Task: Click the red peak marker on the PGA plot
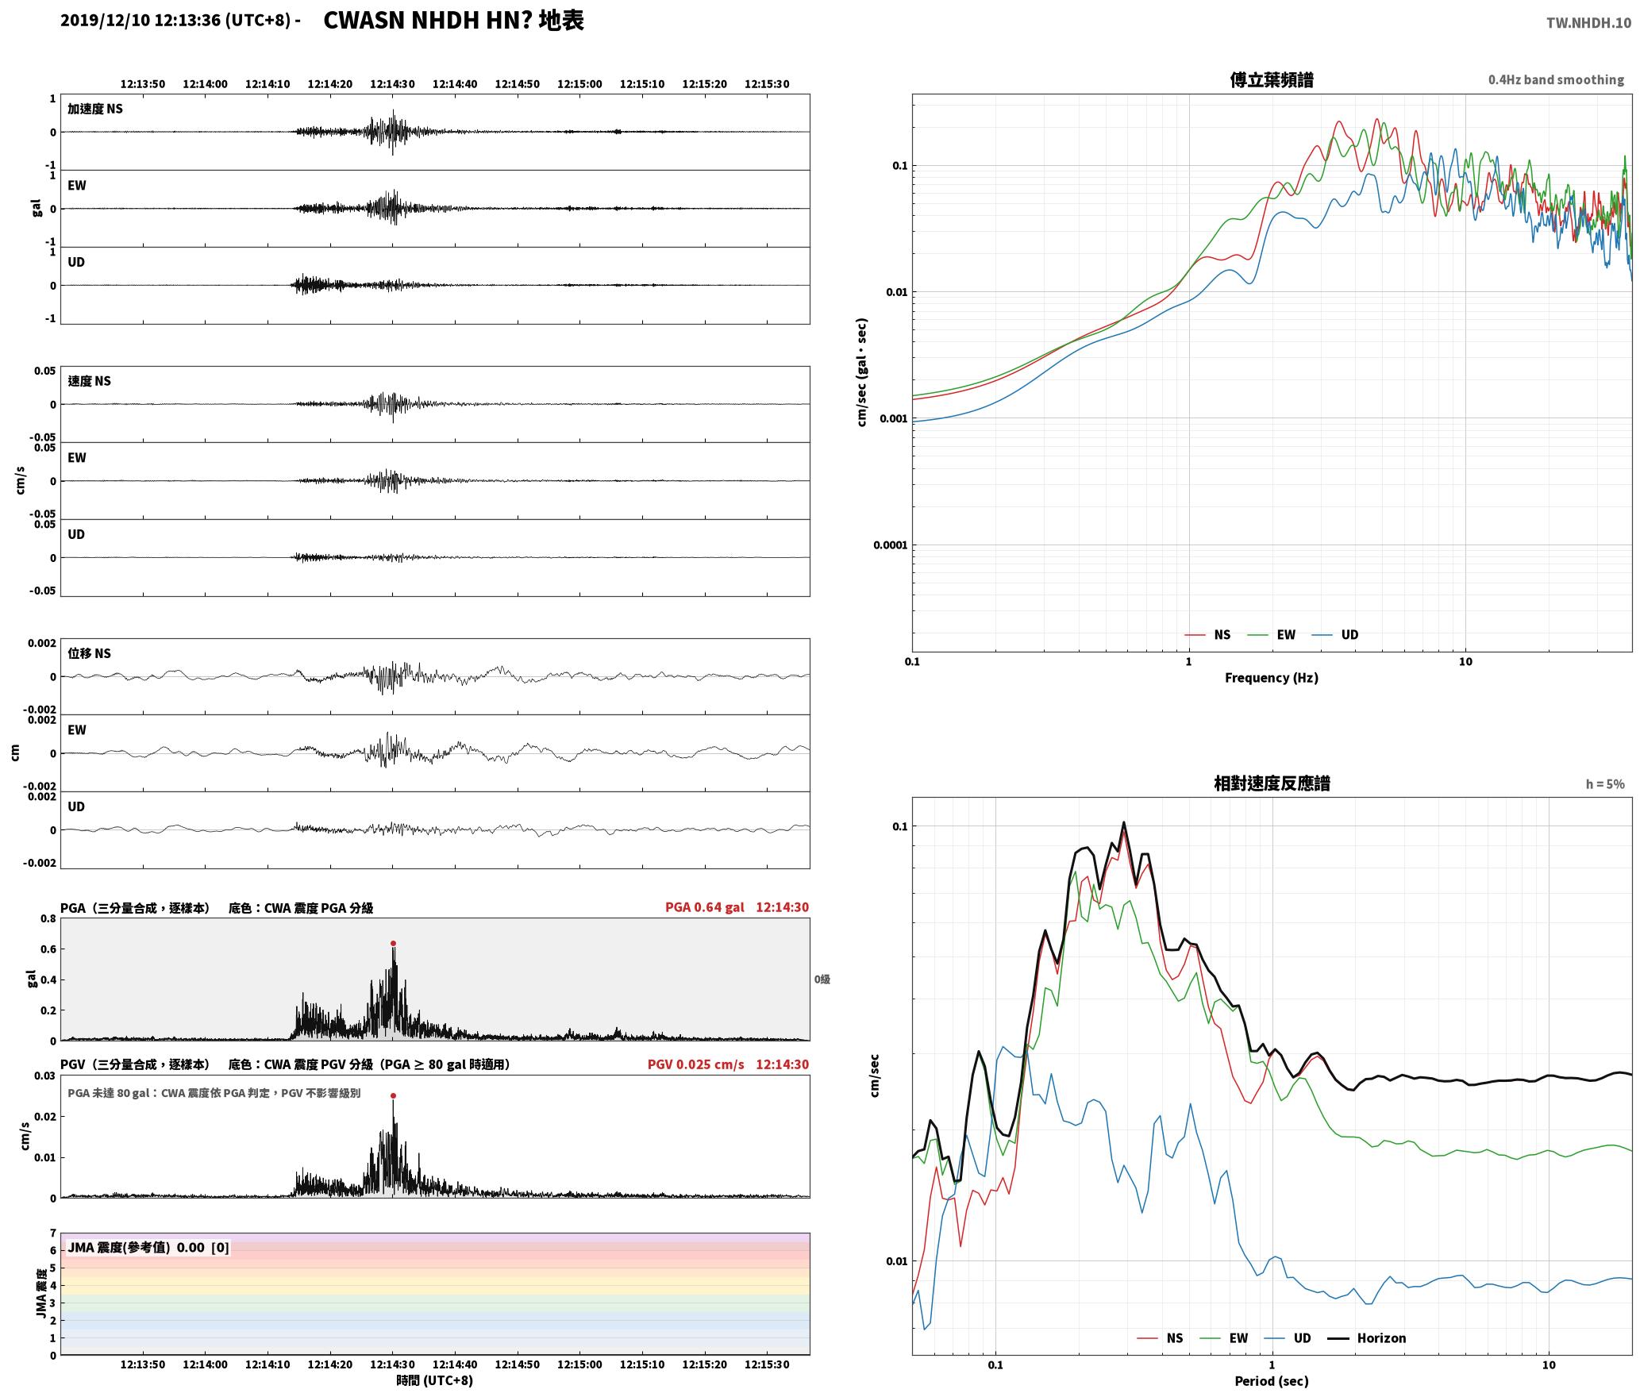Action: (x=393, y=944)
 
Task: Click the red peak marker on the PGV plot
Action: (x=393, y=1096)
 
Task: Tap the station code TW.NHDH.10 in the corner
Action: (x=1588, y=23)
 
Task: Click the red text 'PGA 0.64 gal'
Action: (x=705, y=907)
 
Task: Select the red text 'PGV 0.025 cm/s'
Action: (x=696, y=1064)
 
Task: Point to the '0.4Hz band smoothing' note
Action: (x=1556, y=80)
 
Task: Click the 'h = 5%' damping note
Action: (x=1605, y=784)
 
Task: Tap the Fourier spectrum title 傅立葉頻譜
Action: (x=1272, y=79)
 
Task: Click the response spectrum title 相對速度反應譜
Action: (x=1272, y=783)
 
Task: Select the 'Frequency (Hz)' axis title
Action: (x=1272, y=678)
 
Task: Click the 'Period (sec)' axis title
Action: (x=1272, y=1382)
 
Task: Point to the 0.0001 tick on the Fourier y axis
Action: (x=890, y=545)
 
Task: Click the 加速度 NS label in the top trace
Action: (x=95, y=109)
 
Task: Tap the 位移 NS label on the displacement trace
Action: (x=89, y=653)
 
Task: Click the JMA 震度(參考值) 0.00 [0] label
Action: (x=148, y=1247)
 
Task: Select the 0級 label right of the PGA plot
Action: (x=822, y=979)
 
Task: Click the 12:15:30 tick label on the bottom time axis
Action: (x=767, y=1364)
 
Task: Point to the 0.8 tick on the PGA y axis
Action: (x=48, y=919)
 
